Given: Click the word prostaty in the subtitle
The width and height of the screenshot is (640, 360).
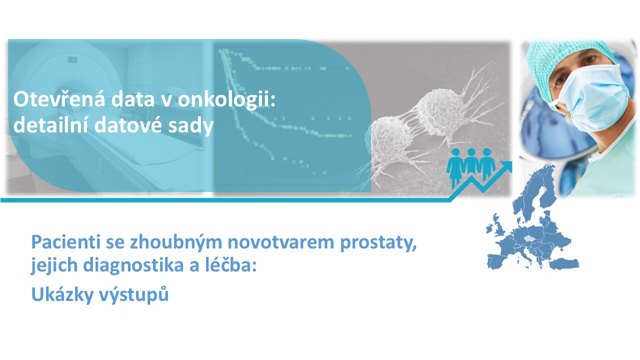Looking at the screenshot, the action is (378, 243).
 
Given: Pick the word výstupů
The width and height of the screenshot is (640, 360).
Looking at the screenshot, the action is (133, 294).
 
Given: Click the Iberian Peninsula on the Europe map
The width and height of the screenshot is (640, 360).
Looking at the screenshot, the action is (497, 261).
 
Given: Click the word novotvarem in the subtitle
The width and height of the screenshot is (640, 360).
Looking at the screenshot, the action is (281, 242).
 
